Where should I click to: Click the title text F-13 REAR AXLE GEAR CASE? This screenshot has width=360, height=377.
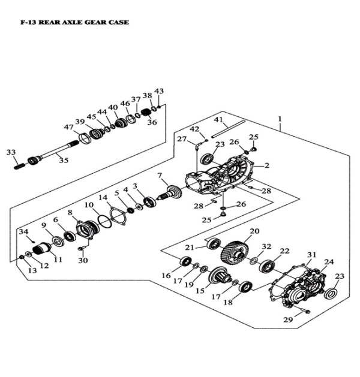click(x=67, y=22)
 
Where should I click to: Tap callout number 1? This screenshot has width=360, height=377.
click(x=280, y=119)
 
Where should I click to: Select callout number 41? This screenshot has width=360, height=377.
click(x=218, y=120)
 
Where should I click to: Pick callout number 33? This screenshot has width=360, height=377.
click(x=12, y=153)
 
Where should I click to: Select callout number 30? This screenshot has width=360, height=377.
click(x=83, y=260)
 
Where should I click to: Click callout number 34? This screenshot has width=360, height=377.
click(x=23, y=231)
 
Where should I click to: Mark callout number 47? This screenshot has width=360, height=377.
click(x=69, y=128)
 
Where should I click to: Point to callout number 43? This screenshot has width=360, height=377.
click(x=158, y=91)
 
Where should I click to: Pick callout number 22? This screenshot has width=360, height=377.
click(x=284, y=251)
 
